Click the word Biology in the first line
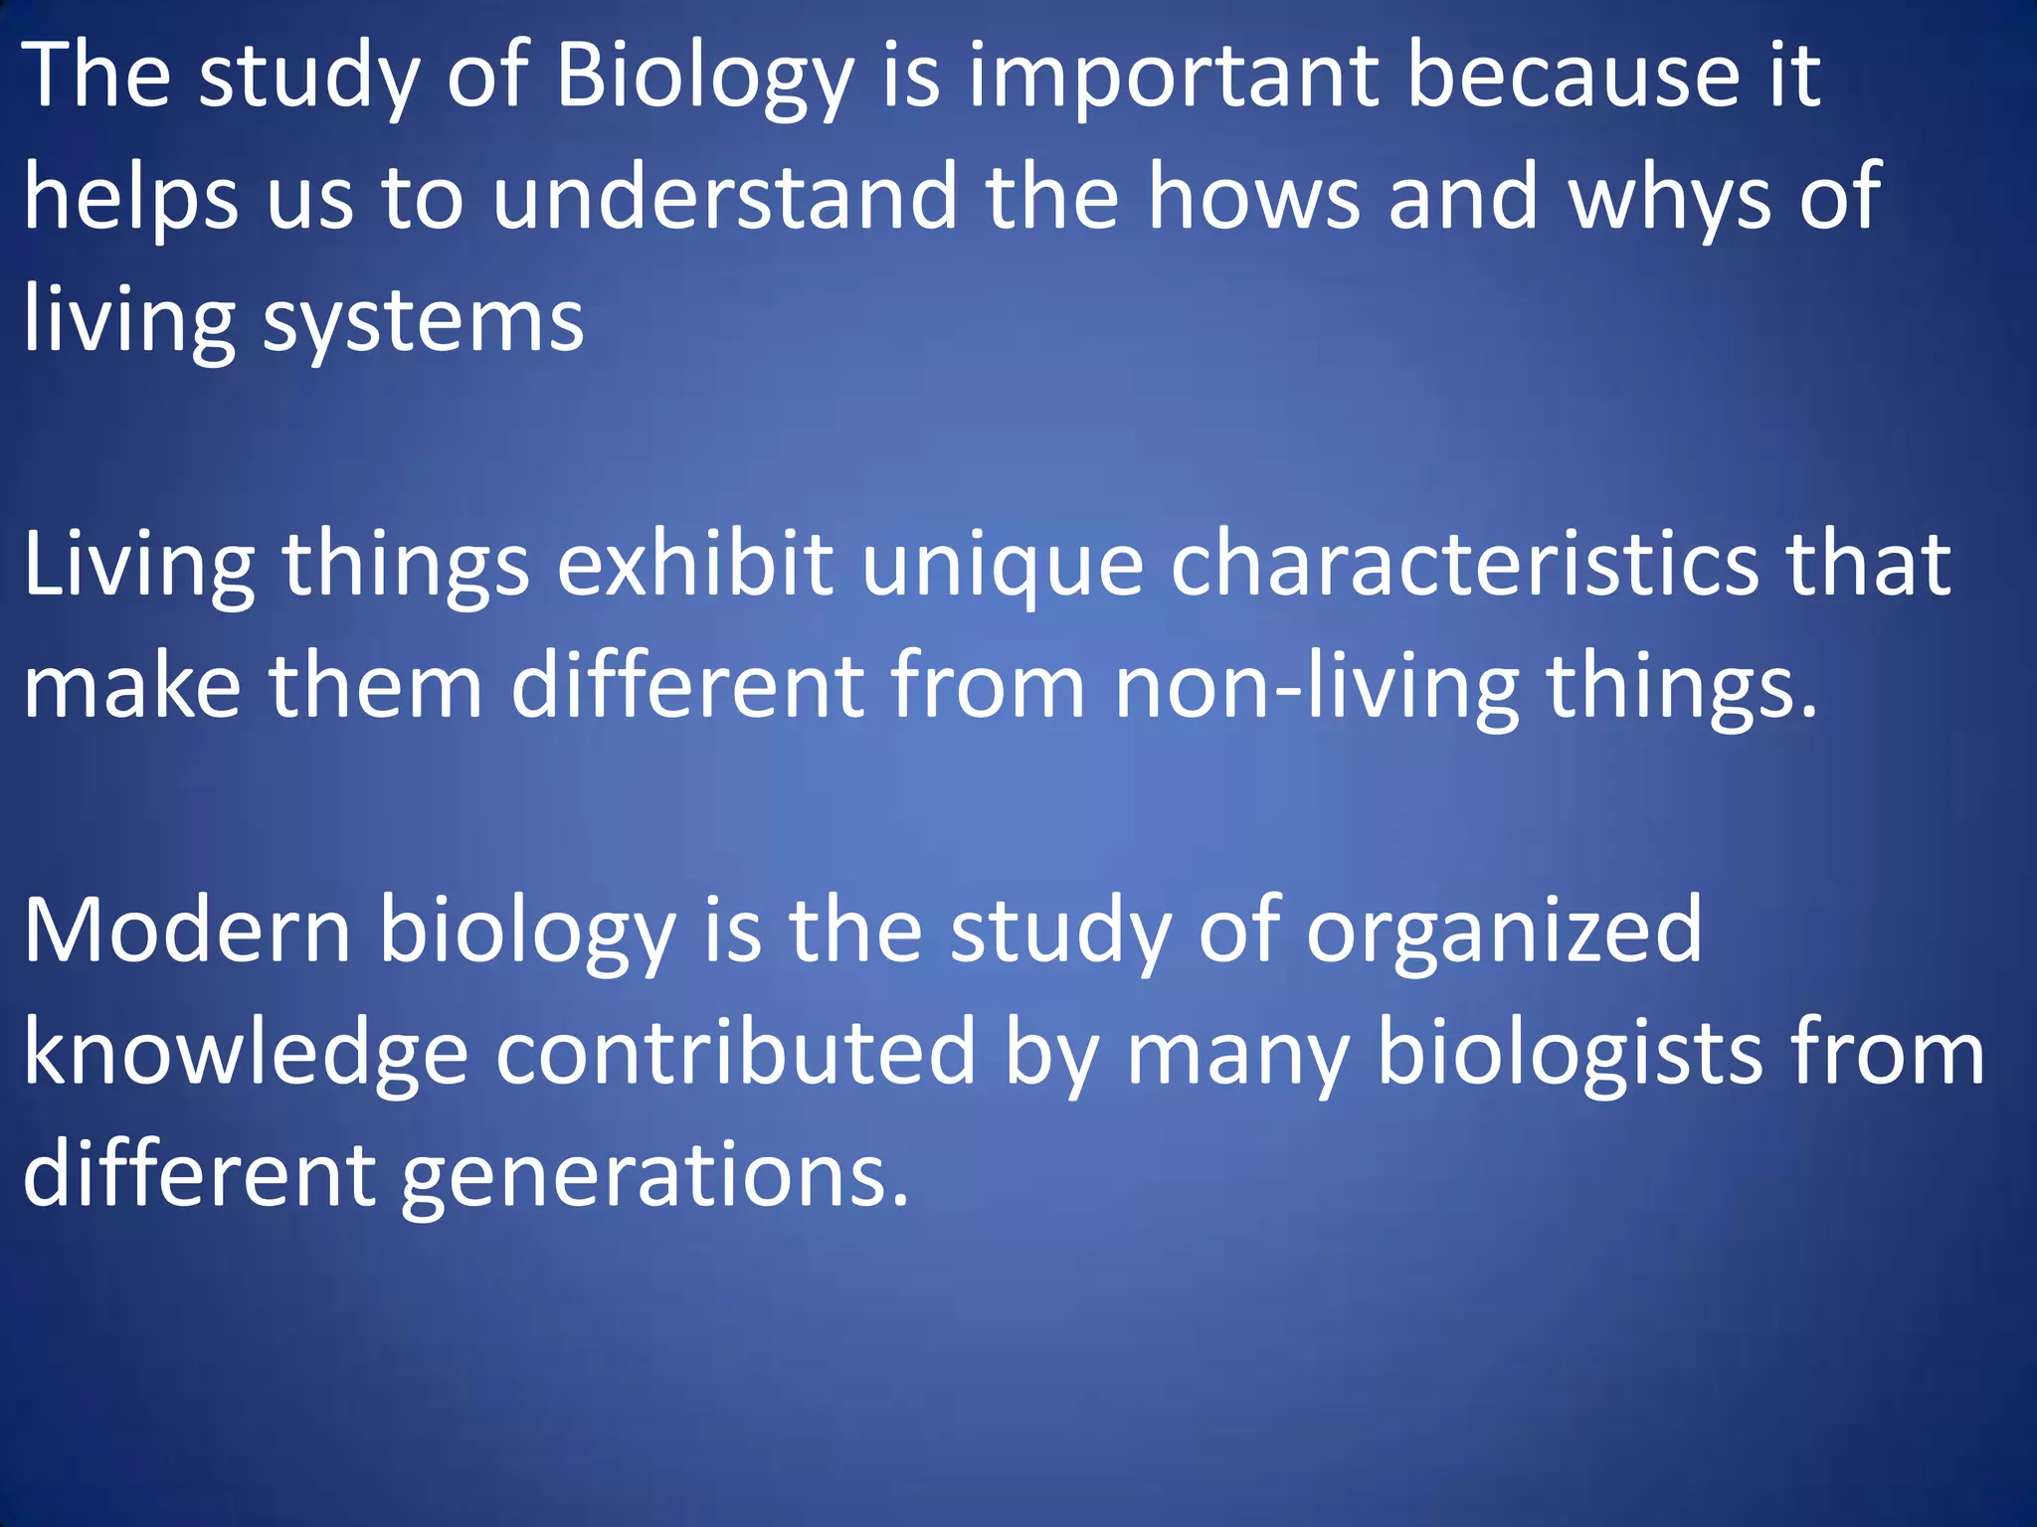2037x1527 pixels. [704, 78]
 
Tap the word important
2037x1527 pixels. [1174, 78]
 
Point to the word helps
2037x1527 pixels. [130, 199]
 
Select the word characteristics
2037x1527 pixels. [1464, 565]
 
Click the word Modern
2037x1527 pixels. [187, 931]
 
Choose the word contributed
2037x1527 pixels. [736, 1054]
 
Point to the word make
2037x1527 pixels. [132, 686]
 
